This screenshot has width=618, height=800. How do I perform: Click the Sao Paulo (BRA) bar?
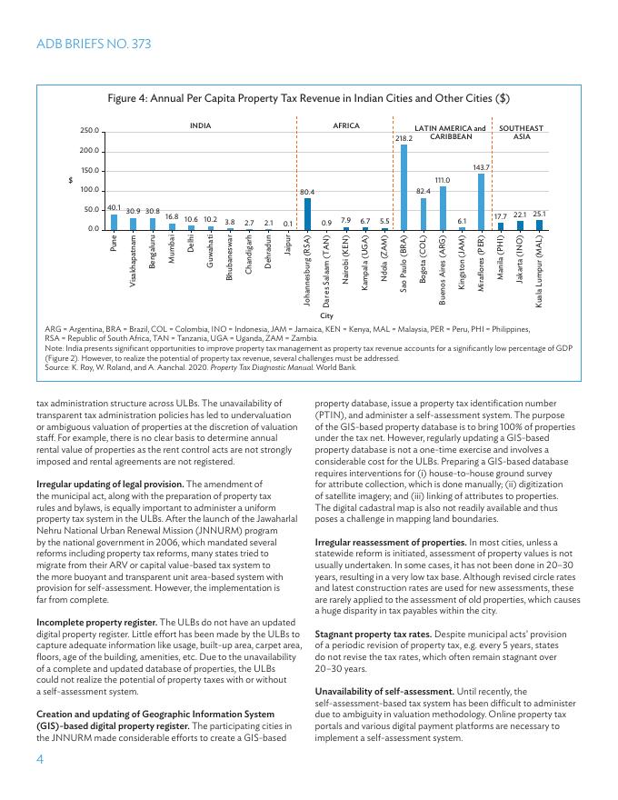[x=404, y=186]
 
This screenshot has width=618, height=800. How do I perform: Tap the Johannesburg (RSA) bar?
[x=307, y=214]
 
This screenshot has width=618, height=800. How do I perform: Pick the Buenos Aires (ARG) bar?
[x=443, y=207]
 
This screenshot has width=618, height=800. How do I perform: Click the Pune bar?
[x=114, y=221]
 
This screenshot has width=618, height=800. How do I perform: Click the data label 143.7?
[x=482, y=167]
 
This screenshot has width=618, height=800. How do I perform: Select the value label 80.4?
[x=307, y=192]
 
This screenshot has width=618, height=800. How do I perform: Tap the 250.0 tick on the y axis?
[x=89, y=132]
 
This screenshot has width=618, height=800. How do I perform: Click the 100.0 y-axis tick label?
[x=89, y=190]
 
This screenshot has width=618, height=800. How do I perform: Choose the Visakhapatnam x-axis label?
[x=134, y=262]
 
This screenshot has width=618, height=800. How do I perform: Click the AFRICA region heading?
[x=346, y=125]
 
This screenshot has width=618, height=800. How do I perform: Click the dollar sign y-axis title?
[x=71, y=180]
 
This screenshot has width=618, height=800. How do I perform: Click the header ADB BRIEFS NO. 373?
[x=93, y=44]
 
